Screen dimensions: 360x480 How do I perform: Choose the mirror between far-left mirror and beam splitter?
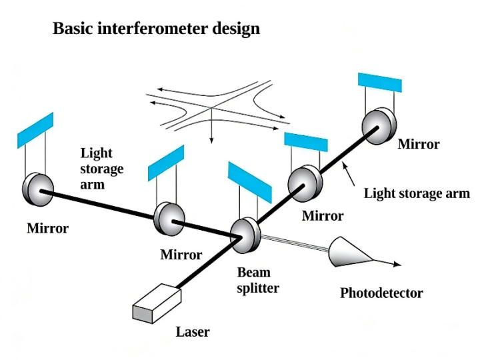pos(168,217)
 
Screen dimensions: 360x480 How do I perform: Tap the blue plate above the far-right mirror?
pos(380,81)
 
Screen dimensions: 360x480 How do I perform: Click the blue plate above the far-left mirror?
pos(35,131)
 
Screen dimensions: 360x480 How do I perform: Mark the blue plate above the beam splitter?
pos(249,181)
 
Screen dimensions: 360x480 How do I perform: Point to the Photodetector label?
pos(381,293)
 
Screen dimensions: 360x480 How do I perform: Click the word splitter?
pos(258,288)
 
